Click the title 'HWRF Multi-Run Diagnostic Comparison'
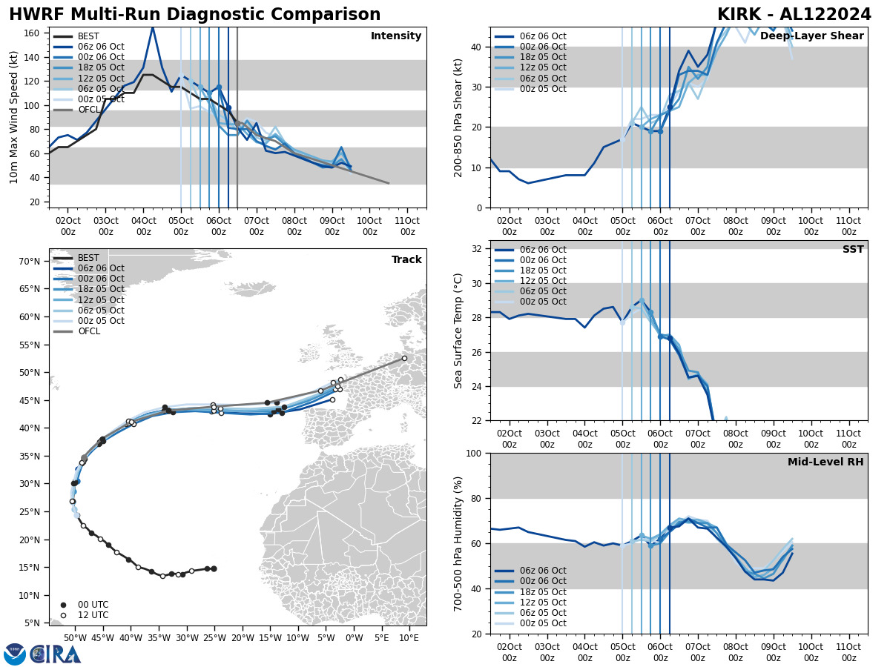coord(194,15)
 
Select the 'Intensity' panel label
coord(395,36)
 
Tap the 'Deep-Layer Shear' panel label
coord(811,36)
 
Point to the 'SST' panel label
coord(852,250)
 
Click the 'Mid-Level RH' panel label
coord(825,462)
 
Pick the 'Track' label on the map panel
coord(406,260)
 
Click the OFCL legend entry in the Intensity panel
coord(89,110)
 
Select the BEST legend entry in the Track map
coord(88,259)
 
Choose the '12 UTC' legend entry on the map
coord(93,615)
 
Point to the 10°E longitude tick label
coord(409,638)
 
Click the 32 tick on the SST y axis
coord(478,249)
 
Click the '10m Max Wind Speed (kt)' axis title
coord(14,117)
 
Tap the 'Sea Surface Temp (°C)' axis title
coord(458,331)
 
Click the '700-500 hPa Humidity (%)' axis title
coord(458,543)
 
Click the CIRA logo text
coord(55,654)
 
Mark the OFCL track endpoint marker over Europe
coord(404,358)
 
